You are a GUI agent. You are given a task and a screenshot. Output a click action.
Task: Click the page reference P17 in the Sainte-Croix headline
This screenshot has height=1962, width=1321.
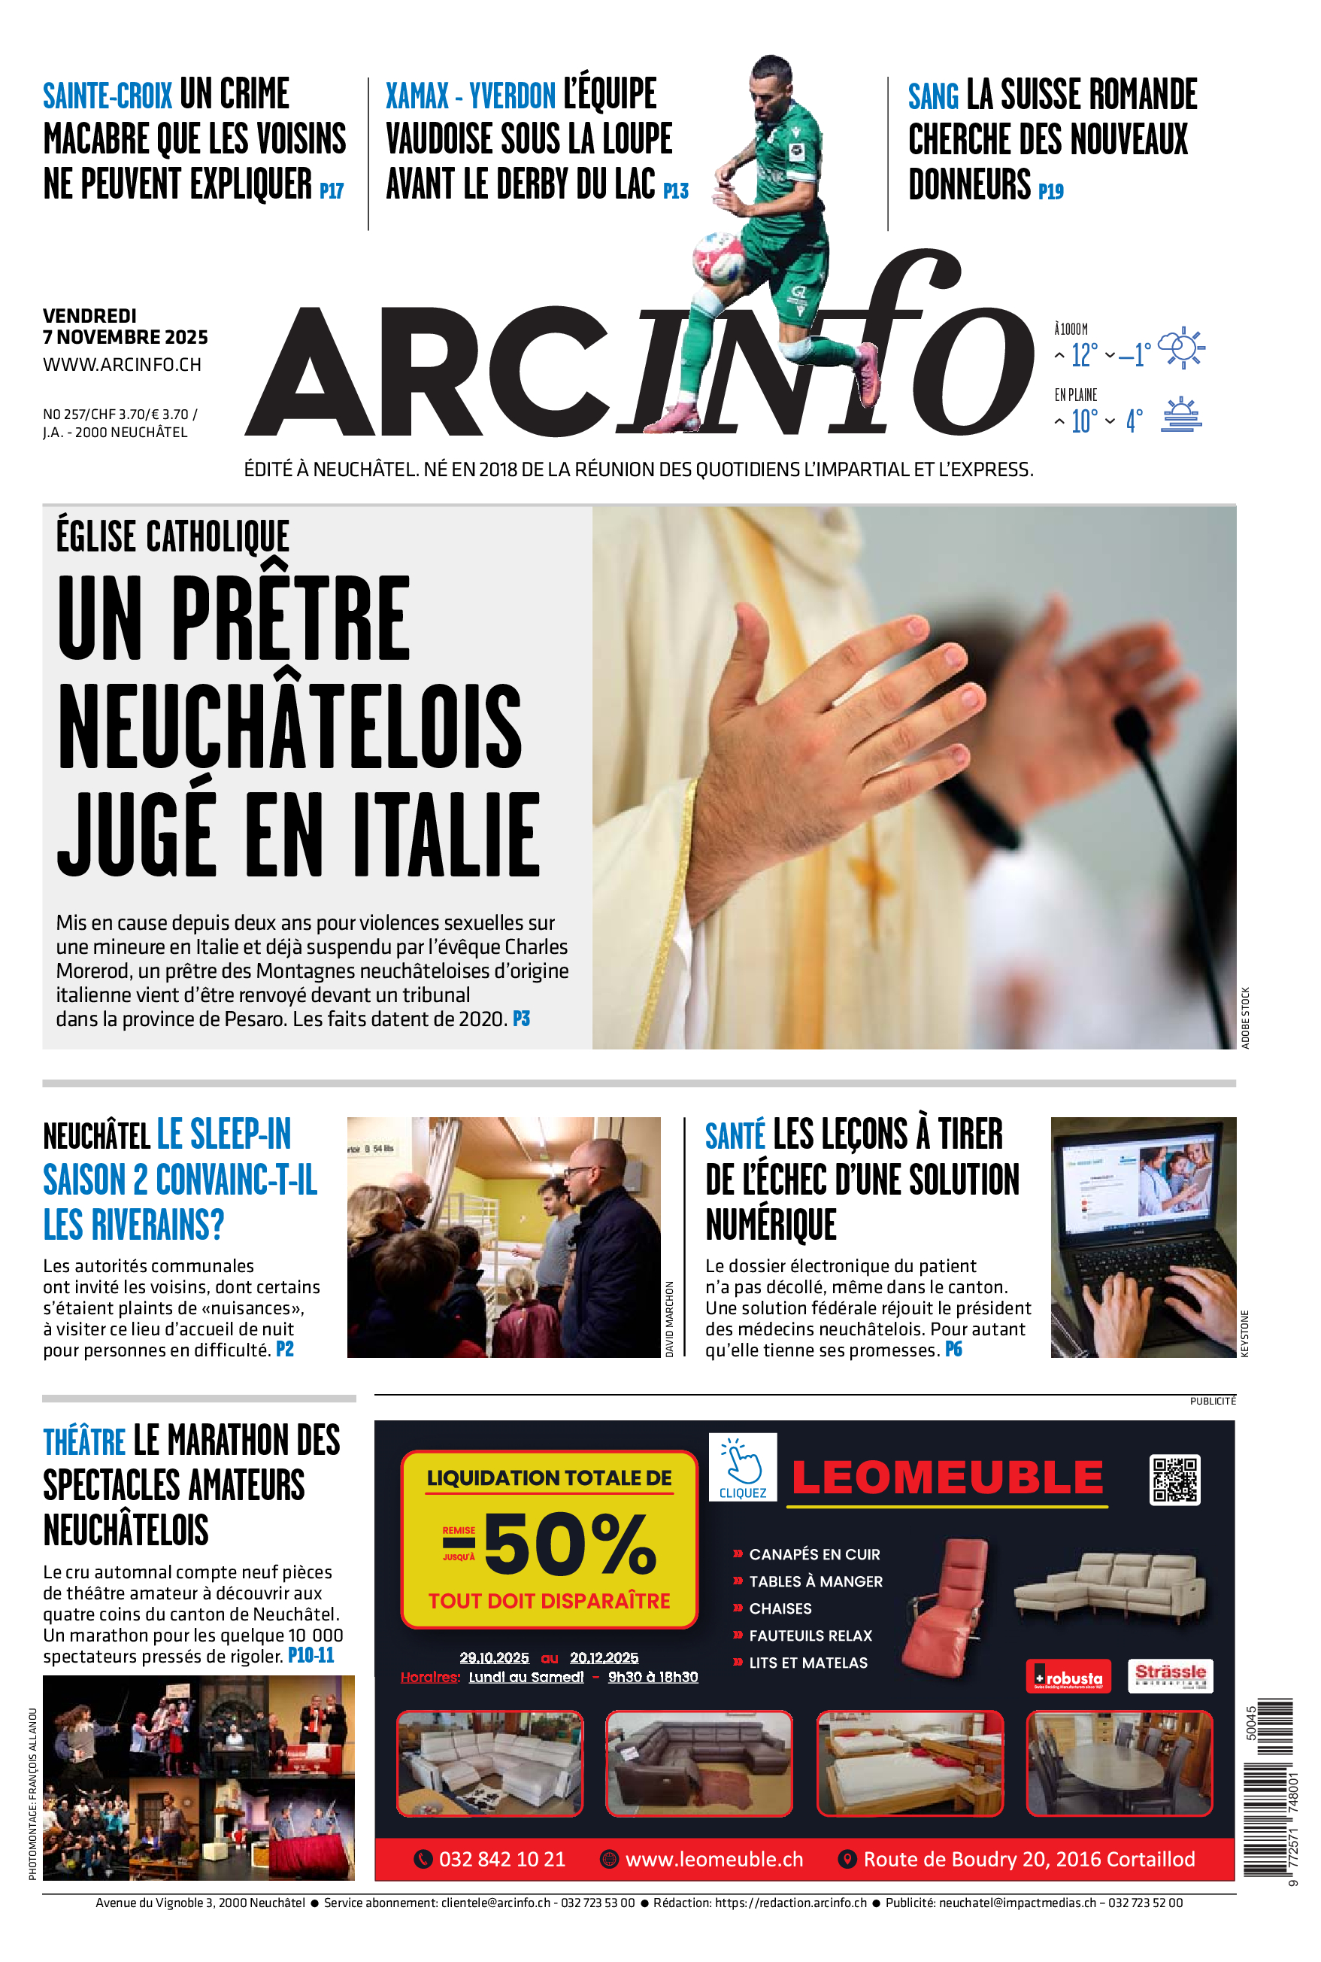[331, 191]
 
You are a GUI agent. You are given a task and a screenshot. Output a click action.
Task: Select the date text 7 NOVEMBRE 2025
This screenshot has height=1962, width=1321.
[126, 337]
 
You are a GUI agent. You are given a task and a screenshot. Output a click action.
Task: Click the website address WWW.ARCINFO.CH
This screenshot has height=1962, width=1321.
[122, 365]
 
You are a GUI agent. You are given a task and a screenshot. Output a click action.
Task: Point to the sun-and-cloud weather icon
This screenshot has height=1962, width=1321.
[1181, 348]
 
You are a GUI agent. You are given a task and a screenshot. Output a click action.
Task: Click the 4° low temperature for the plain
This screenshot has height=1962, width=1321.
[1134, 421]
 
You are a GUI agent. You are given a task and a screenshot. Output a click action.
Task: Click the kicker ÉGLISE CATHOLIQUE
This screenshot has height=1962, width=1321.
[173, 536]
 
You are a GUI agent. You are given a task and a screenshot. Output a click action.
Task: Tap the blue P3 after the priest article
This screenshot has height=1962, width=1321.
[522, 1019]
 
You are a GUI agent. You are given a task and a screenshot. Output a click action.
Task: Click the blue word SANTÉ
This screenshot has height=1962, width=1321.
[735, 1136]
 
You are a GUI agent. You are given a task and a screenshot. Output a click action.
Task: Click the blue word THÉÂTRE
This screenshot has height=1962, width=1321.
[84, 1442]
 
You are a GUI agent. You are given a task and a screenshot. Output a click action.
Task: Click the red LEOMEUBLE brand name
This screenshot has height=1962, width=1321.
[947, 1478]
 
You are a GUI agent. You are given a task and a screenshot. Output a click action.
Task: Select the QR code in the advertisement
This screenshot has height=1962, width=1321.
[1174, 1480]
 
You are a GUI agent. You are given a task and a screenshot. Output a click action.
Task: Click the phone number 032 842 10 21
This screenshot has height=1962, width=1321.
[501, 1859]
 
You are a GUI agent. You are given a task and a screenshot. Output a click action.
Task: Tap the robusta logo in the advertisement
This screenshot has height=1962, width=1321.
[1068, 1675]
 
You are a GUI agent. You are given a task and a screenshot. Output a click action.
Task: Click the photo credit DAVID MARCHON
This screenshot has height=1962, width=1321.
[670, 1319]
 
